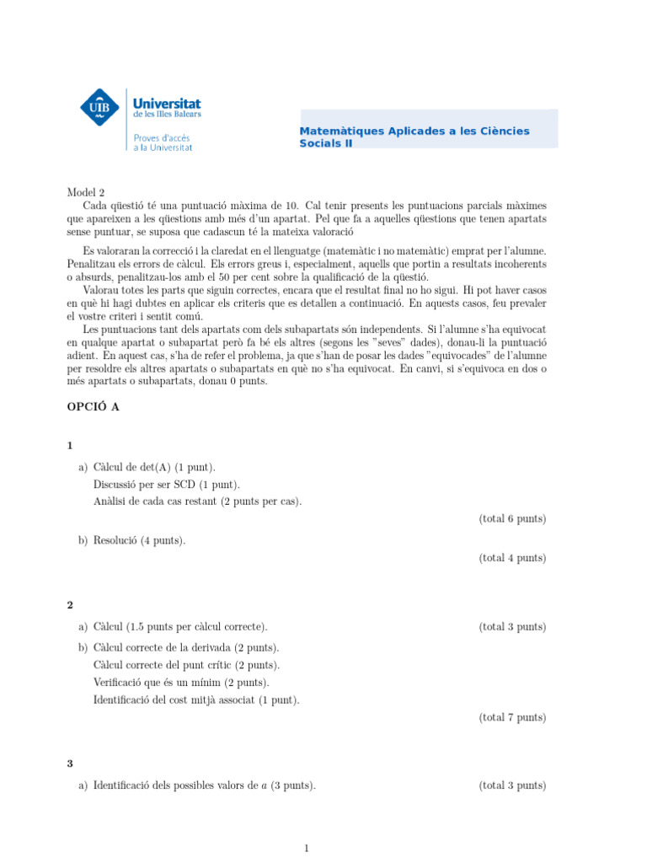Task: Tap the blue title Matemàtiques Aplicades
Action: [x=414, y=131]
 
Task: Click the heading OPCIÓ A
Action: [x=93, y=406]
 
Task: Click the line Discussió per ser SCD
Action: [x=167, y=485]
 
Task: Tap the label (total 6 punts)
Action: [x=512, y=519]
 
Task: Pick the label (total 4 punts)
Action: [x=512, y=558]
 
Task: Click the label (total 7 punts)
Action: [x=512, y=717]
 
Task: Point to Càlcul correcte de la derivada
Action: [x=187, y=647]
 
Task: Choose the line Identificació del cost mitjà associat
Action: [x=196, y=700]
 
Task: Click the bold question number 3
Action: [x=70, y=764]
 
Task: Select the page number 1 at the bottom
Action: [x=307, y=848]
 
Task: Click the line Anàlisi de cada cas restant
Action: [x=198, y=502]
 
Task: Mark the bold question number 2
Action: [x=70, y=605]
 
